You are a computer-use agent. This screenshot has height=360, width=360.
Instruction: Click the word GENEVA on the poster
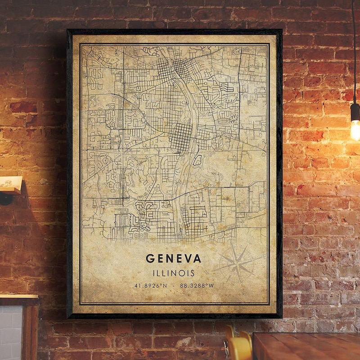point(174,259)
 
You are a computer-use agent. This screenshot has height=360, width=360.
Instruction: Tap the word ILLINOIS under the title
point(174,273)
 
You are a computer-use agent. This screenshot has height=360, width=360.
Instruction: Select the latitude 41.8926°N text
point(150,285)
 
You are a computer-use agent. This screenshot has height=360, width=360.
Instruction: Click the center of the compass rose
point(237,263)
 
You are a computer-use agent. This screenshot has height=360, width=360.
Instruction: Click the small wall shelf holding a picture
point(10,185)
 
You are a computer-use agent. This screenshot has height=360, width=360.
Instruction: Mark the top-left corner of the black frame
point(67,30)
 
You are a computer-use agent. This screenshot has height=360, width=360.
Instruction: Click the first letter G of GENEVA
point(149,259)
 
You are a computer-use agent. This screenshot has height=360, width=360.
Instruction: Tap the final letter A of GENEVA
point(198,259)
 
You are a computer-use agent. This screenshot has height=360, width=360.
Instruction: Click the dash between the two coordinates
point(174,285)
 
